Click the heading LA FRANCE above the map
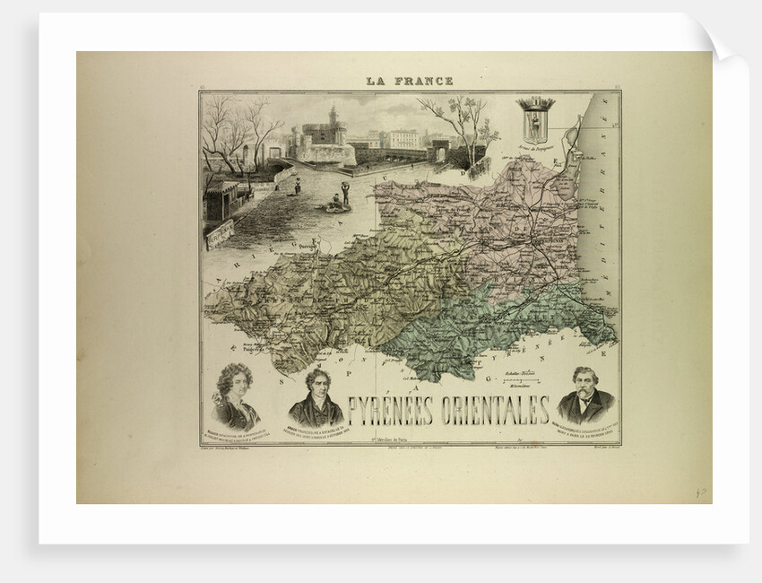click(x=409, y=81)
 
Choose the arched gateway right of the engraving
click(x=439, y=150)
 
